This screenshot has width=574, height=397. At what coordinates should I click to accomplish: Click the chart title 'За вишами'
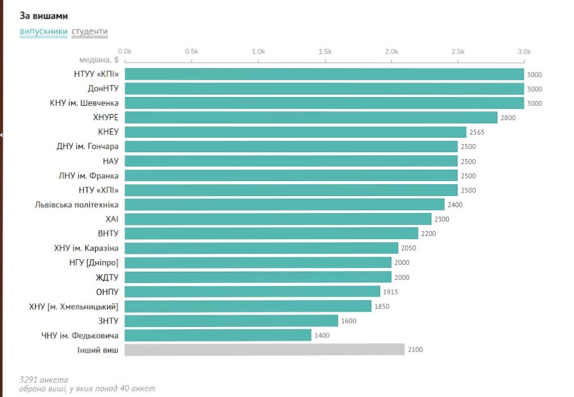pos(43,16)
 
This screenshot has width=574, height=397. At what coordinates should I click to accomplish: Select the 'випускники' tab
pos(43,31)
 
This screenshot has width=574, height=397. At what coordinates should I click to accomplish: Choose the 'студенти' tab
pos(89,31)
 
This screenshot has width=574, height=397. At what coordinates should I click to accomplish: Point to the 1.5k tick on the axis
pos(325,51)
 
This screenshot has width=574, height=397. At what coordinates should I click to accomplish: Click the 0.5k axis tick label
pos(191,51)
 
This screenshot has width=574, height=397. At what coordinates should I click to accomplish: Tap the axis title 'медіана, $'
pos(99,60)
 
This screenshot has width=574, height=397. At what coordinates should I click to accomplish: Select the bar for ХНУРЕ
pos(311,118)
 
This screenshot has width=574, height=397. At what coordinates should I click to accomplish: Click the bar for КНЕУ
pos(295,132)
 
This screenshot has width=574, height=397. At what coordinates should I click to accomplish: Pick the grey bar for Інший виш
pos(264,349)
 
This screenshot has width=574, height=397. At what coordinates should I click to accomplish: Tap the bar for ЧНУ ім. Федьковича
pos(218,335)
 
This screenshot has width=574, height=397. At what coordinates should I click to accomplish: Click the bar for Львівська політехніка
pos(284,204)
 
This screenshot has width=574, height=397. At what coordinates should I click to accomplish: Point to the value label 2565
pos(477,132)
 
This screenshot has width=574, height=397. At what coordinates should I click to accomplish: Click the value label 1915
pos(391,292)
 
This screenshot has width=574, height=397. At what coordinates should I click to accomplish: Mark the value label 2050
pos(409,248)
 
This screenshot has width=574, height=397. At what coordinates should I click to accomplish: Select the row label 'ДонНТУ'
pos(103,89)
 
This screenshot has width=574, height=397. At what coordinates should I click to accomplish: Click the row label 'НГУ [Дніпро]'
pos(94,262)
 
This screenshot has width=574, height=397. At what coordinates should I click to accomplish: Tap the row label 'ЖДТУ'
pos(107,277)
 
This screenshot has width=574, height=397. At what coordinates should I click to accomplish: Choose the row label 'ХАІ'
pos(112,219)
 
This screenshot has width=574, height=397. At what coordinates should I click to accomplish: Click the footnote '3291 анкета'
pos(44,379)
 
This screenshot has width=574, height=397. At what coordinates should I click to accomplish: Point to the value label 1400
pos(321,335)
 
